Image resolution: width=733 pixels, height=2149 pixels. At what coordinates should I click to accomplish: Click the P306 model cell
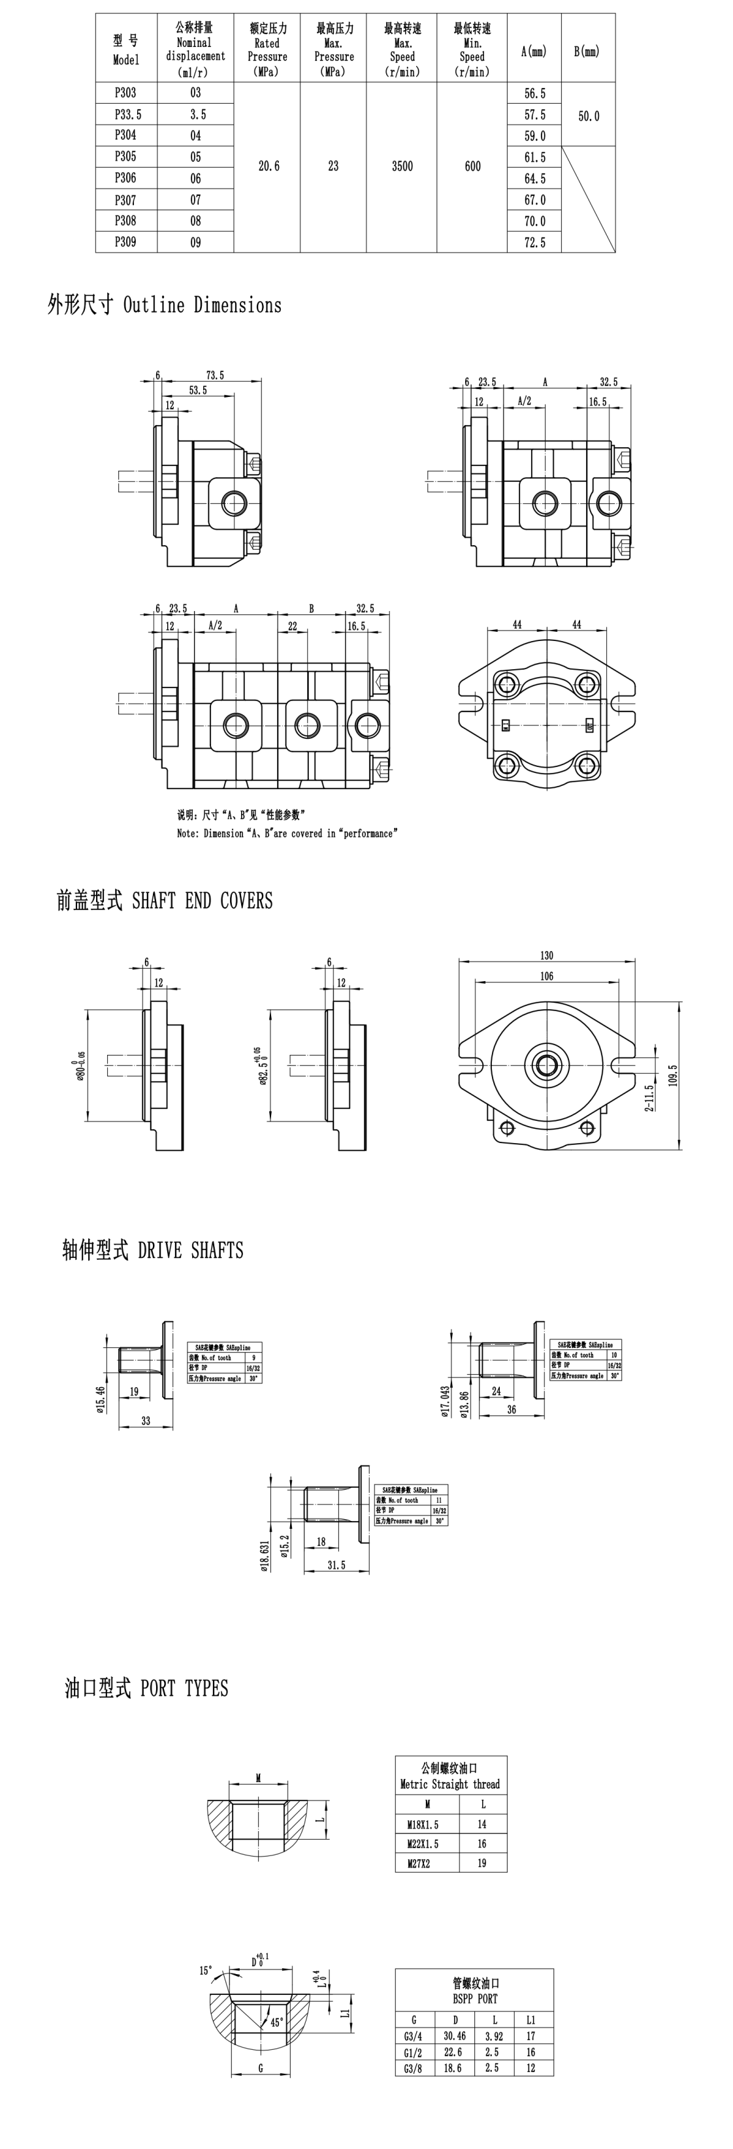125,178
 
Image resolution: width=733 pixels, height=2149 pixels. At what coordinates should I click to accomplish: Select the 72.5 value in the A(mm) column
534,243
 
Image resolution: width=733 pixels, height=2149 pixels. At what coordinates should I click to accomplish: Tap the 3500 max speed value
402,166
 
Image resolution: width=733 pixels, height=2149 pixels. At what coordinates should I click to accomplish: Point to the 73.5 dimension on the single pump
214,375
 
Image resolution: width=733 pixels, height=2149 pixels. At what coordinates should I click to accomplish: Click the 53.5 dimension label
198,390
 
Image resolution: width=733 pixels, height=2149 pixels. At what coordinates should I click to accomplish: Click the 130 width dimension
546,955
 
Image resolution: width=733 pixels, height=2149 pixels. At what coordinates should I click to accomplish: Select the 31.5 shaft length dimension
336,1565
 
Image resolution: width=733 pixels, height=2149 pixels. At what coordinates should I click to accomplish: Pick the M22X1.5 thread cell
423,1843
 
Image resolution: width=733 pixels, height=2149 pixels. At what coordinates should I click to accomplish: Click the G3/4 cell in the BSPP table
412,2036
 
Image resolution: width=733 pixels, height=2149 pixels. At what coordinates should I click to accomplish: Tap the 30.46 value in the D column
455,2036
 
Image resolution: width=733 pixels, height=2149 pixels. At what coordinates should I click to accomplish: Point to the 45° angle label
276,2022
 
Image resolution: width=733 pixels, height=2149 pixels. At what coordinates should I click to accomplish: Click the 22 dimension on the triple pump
292,625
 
